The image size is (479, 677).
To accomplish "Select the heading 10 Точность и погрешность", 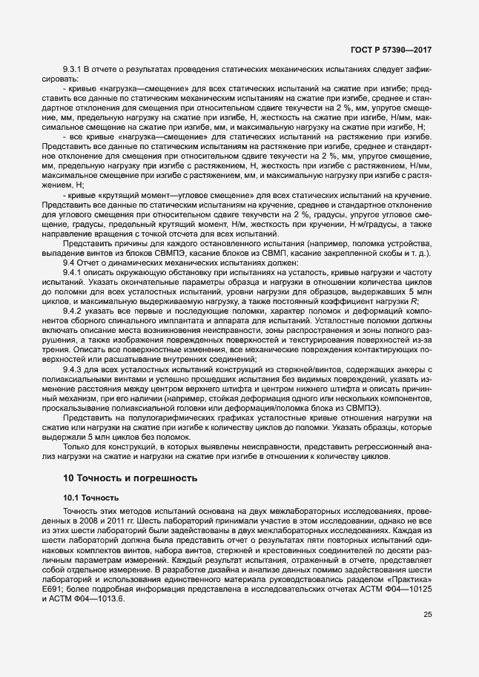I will [x=130, y=478].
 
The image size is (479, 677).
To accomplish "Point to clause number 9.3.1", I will [x=75, y=69].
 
